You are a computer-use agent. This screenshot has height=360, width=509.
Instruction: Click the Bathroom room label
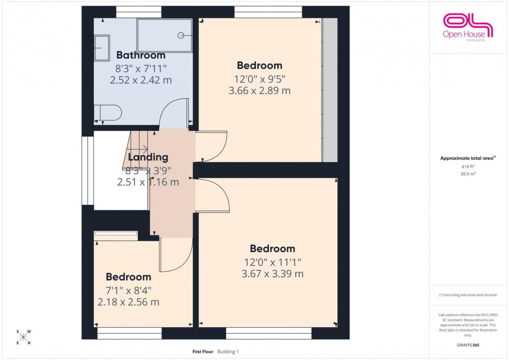(141, 55)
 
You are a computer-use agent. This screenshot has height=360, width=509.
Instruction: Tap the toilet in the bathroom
(108, 112)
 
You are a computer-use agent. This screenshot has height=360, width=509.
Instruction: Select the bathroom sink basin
(102, 48)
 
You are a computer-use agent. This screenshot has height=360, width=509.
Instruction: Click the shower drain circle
(181, 35)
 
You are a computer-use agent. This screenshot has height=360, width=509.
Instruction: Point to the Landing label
(148, 157)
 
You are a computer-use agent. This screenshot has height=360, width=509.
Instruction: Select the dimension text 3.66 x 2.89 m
(259, 90)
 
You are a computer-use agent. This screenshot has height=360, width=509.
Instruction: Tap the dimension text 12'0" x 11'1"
(272, 262)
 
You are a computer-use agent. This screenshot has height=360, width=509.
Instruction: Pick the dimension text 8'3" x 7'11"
(141, 68)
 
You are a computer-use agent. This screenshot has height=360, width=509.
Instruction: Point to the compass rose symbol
(23, 337)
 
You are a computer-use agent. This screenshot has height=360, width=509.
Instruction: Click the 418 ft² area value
(468, 167)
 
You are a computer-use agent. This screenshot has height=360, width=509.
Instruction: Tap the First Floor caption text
(202, 352)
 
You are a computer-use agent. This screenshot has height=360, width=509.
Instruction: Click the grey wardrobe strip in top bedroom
(328, 90)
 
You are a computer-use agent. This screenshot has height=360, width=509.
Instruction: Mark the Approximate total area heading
(468, 158)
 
